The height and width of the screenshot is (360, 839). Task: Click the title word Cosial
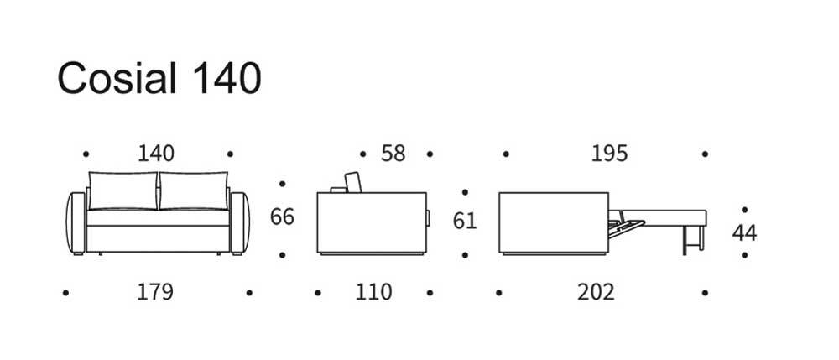pos(117,78)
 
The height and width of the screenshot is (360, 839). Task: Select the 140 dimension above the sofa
pos(156,154)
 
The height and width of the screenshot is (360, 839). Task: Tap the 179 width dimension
pos(155,293)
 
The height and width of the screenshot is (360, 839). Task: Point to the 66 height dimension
pos(282,217)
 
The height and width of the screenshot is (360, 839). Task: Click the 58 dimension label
pos(393,154)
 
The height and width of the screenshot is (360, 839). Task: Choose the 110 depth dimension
pos(374,293)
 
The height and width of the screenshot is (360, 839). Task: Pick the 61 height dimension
pos(465,221)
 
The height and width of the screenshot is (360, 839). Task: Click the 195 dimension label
pos(609,154)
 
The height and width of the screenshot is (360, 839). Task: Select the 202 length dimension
pos(596,293)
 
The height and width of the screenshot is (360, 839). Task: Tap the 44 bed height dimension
pos(744,233)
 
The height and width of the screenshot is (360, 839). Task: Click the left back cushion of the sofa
pos(123,191)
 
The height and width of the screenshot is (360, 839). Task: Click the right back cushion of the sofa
pos(194,191)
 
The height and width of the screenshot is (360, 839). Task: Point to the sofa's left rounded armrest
pos(76,222)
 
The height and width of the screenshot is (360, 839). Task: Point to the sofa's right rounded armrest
pos(239,222)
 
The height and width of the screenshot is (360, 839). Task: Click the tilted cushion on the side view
pos(352,182)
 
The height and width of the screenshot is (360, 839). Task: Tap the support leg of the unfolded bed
pos(692,240)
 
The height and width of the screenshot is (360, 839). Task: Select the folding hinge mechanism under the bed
pos(626,227)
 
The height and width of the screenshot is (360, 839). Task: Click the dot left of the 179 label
pos(65,293)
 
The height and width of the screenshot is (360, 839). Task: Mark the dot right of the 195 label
pos(705,154)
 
